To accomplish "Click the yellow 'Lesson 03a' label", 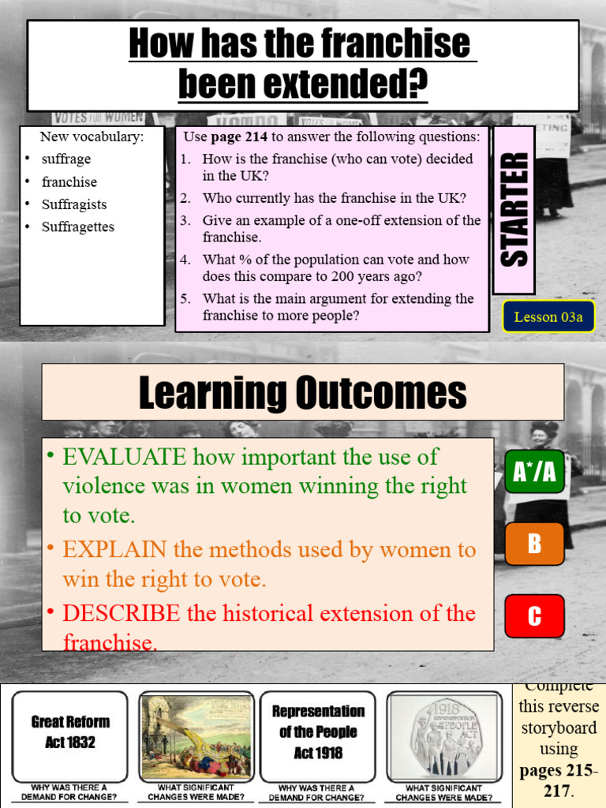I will click(548, 317).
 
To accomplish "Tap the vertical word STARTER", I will click(514, 210).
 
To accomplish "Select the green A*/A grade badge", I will click(534, 472).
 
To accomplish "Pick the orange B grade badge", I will click(534, 544).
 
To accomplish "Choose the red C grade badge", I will click(534, 616).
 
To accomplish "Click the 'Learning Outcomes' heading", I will click(302, 392).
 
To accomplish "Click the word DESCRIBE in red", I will click(122, 613).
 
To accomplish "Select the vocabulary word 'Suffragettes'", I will click(78, 227).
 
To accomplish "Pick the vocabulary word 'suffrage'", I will click(66, 159).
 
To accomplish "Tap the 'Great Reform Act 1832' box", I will click(70, 733).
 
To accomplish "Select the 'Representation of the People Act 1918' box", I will click(318, 733).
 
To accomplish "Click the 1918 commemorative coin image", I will click(443, 736).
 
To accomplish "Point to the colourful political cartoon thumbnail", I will click(196, 736).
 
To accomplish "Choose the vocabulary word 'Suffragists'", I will click(74, 204).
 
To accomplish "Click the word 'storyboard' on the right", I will click(559, 728).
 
